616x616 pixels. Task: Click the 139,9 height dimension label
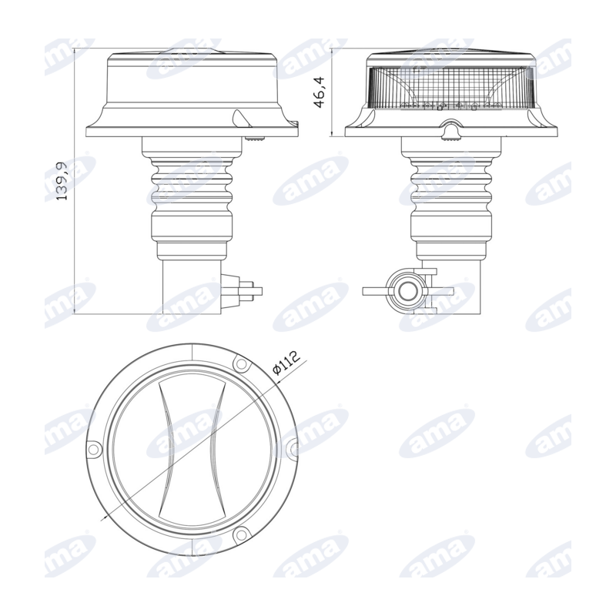click(x=62, y=181)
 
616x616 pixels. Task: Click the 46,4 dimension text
click(x=320, y=92)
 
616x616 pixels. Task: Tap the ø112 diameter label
click(x=286, y=362)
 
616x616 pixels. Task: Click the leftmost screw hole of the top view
click(x=93, y=449)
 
